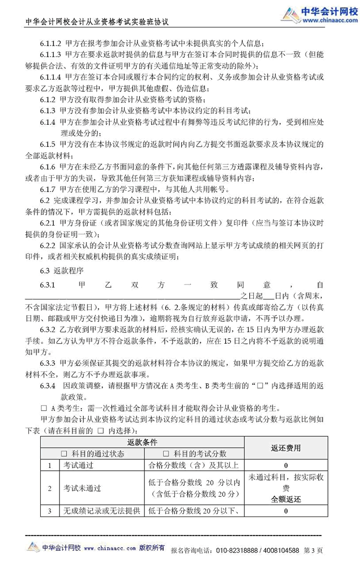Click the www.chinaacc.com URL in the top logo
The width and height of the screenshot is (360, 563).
[x=326, y=21]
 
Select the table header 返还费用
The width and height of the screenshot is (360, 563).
[x=286, y=448]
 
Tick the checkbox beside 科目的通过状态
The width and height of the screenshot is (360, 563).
[x=64, y=454]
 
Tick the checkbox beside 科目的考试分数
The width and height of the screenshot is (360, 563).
[x=166, y=454]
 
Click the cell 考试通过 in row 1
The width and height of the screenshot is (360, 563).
[x=78, y=465]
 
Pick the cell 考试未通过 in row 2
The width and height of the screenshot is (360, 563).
[x=82, y=489]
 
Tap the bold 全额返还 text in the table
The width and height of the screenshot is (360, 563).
[x=286, y=499]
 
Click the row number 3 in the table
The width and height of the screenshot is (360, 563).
[x=49, y=511]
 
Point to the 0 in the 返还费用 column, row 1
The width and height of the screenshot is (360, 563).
[x=286, y=465]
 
